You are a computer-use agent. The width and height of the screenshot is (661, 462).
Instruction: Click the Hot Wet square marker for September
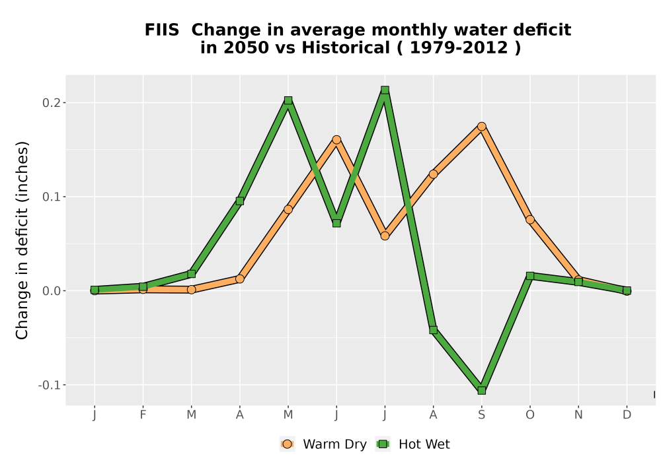481,391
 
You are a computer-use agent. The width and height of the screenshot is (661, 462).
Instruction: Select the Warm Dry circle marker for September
481,126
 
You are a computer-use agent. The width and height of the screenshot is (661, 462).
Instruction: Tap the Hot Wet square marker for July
385,90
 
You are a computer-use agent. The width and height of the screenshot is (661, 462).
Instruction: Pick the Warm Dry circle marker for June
336,140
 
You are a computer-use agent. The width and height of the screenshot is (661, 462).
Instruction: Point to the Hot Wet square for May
288,100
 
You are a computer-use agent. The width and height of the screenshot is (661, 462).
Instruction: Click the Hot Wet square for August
433,330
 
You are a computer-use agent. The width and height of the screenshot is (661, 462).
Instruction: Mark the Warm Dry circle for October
530,220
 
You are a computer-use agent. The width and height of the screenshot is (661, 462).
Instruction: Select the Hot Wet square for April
239,201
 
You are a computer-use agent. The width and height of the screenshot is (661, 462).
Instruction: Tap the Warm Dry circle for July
385,236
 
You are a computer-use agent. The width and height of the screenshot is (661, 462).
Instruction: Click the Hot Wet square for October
530,276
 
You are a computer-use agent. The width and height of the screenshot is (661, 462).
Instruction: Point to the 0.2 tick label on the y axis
51,103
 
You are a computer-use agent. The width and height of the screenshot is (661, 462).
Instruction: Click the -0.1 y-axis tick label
49,385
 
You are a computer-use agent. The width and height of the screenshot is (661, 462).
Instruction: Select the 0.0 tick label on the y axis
51,291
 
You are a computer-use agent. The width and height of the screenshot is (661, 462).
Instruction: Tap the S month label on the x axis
481,415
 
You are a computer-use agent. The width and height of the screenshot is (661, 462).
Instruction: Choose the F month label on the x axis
143,415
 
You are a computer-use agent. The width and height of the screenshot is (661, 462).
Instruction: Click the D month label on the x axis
627,415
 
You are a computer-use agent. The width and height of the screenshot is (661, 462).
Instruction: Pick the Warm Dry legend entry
323,444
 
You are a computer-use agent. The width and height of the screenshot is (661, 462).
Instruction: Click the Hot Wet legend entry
412,444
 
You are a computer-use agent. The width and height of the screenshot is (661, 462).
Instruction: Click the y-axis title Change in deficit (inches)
22,240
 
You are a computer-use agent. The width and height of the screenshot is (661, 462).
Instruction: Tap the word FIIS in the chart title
162,30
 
